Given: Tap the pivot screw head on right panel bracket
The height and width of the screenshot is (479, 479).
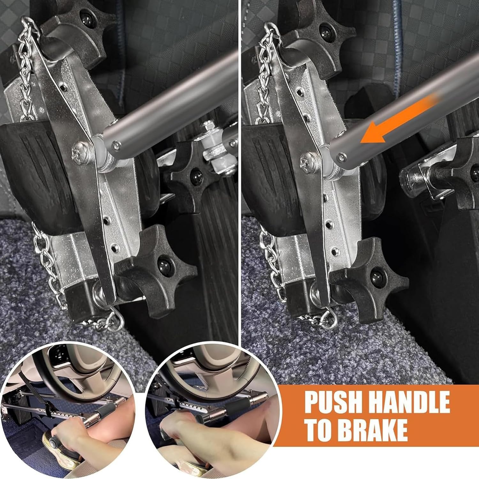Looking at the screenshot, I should pos(308,158).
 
